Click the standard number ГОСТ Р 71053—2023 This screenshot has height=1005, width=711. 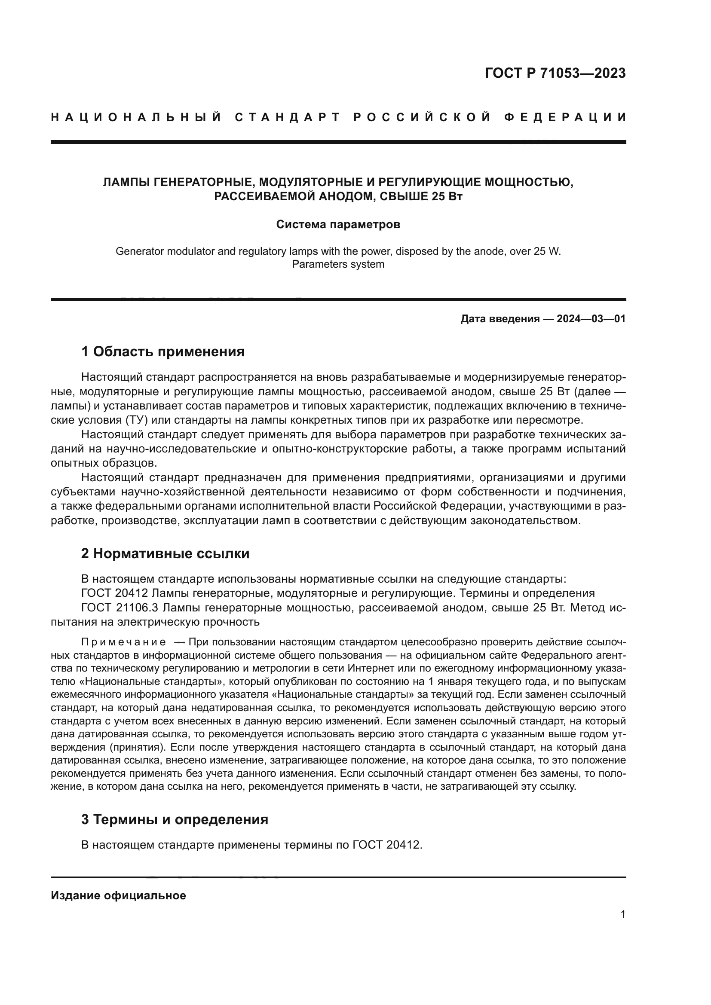point(555,73)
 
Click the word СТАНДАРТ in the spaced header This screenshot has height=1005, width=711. point(288,117)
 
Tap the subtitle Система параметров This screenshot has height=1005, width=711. point(338,225)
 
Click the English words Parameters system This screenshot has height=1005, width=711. point(338,264)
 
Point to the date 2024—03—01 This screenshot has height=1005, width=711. point(591,319)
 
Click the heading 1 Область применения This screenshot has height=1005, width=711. point(162,351)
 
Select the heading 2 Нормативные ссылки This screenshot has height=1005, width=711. point(165,553)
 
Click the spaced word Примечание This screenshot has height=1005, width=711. point(123,642)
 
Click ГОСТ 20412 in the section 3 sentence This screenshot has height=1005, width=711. point(386,845)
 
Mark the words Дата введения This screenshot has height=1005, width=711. point(500,319)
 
